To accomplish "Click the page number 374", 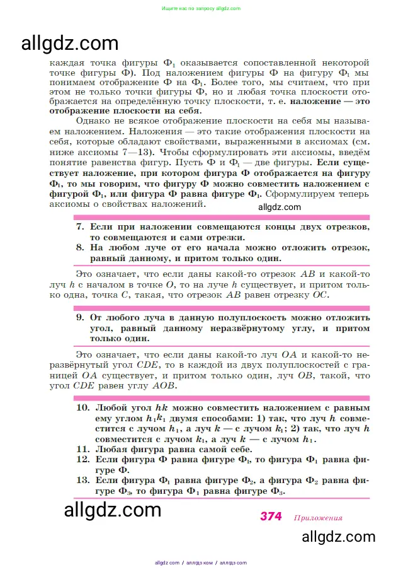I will [271, 517].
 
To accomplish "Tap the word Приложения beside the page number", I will [317, 518].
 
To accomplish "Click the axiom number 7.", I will [80, 226].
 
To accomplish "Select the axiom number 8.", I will [80, 247].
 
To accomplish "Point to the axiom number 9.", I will [80, 318].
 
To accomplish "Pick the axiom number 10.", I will [82, 407].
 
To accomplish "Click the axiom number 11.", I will [82, 449].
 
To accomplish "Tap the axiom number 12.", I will [82, 460].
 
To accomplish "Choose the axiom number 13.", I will [82, 481].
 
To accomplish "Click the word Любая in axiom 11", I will [110, 449].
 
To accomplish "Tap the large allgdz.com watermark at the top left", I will [70, 43].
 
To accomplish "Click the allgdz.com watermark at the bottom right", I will [339, 537].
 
